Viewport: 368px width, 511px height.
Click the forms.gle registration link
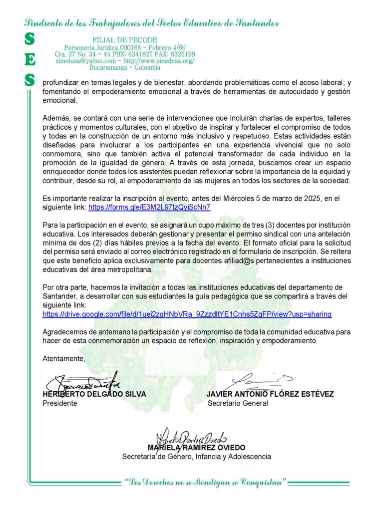(x=149, y=207)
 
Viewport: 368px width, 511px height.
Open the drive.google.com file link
(x=187, y=314)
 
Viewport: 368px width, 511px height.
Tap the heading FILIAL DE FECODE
(x=125, y=40)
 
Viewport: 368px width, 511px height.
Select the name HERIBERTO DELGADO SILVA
(x=94, y=394)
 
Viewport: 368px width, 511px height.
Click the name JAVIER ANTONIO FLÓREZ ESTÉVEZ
(x=270, y=394)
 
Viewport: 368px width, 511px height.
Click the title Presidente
(x=60, y=403)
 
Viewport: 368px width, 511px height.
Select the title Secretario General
(x=238, y=403)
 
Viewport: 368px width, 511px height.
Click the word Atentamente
(x=64, y=358)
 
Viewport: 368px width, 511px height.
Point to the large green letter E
(x=30, y=59)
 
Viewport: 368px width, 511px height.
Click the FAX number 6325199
(x=183, y=54)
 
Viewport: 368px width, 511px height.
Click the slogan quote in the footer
(x=206, y=482)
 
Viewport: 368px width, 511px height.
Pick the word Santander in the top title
(x=251, y=23)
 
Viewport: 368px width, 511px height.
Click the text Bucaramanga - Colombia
(x=125, y=67)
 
